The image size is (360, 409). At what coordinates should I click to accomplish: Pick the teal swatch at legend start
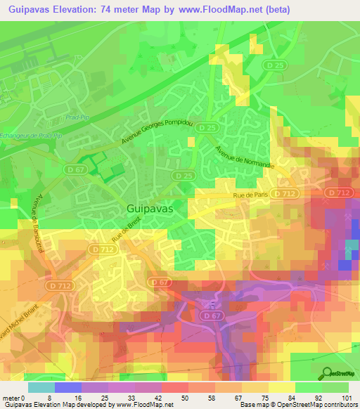[x=41, y=387]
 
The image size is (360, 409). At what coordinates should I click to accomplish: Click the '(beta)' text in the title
[x=288, y=8]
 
